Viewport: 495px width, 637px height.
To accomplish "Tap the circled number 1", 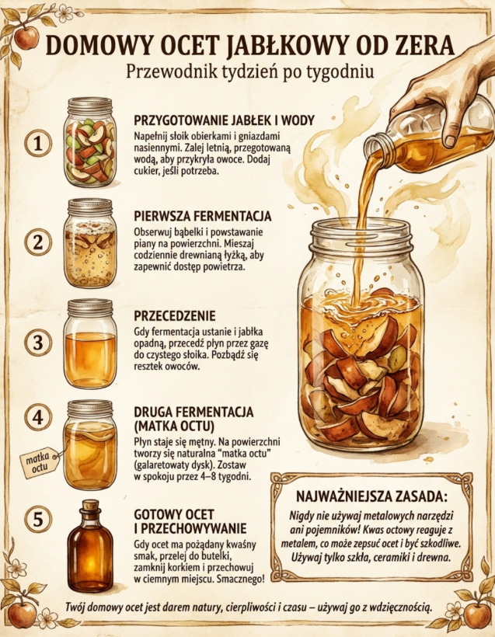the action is [38, 143].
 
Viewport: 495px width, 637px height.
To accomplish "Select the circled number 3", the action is [38, 342].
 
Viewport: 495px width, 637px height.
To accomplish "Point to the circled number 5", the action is [38, 519].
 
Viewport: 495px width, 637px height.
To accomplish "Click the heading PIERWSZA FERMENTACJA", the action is [202, 216].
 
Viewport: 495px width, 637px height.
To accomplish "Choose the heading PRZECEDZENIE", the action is [175, 315].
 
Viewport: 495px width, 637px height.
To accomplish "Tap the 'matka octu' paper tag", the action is [40, 461].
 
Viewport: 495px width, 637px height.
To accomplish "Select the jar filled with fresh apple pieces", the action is [90, 142].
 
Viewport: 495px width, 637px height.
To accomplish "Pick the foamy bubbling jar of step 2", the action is [90, 243].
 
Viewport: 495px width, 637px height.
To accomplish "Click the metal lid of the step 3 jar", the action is [90, 308].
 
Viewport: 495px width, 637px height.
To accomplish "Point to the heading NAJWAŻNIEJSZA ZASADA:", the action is [371, 496].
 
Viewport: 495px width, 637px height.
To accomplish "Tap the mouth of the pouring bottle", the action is [372, 149].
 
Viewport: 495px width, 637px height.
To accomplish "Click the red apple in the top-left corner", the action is [26, 37].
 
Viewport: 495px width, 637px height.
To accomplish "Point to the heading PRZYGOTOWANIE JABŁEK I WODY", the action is [224, 120].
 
